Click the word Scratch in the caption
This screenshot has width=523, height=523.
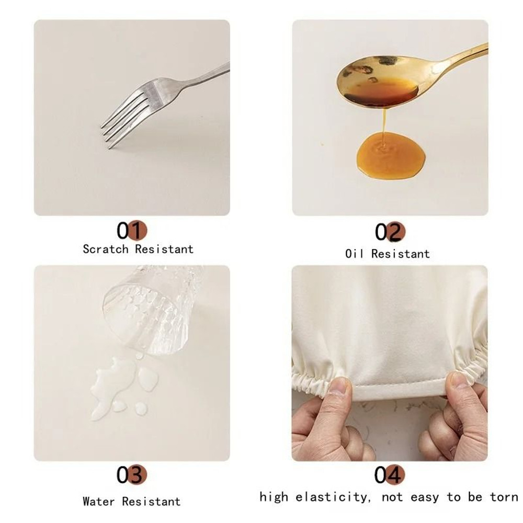click(x=106, y=249)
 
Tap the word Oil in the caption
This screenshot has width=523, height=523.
click(x=356, y=254)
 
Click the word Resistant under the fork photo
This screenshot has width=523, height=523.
click(x=164, y=249)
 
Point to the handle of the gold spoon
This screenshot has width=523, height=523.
click(x=465, y=56)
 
